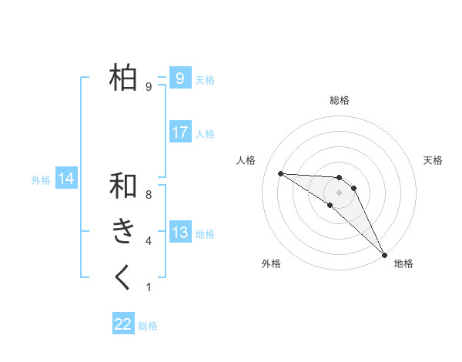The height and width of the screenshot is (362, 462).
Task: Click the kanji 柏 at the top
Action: click(x=124, y=78)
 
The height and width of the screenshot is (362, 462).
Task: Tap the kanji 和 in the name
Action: click(x=124, y=186)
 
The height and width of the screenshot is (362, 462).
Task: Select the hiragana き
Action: click(x=124, y=231)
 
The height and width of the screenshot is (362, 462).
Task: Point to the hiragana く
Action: click(x=124, y=277)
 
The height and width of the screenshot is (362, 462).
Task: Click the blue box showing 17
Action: click(x=179, y=132)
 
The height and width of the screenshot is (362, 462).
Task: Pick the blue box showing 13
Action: click(x=179, y=233)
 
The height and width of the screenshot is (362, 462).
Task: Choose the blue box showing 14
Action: click(x=66, y=179)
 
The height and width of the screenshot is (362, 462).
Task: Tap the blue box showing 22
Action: click(x=123, y=324)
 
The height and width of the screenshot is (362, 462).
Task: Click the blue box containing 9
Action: click(x=179, y=79)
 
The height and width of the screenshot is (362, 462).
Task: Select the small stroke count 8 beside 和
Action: click(x=149, y=196)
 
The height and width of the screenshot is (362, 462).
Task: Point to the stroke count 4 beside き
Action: click(x=149, y=242)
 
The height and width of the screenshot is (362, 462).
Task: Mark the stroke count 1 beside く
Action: click(x=149, y=288)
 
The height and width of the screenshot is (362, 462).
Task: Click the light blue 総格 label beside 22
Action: click(x=149, y=326)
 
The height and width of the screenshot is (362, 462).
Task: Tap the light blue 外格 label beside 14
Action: click(x=41, y=180)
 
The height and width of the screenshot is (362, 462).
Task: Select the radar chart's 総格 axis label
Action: click(x=340, y=100)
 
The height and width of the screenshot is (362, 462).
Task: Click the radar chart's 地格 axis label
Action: click(x=403, y=264)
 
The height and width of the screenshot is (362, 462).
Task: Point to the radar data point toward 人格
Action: click(x=280, y=173)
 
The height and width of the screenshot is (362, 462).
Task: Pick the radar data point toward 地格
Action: click(x=384, y=254)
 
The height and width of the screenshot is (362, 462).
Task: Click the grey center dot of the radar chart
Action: click(x=340, y=192)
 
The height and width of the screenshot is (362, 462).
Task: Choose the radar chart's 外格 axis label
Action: click(x=271, y=264)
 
